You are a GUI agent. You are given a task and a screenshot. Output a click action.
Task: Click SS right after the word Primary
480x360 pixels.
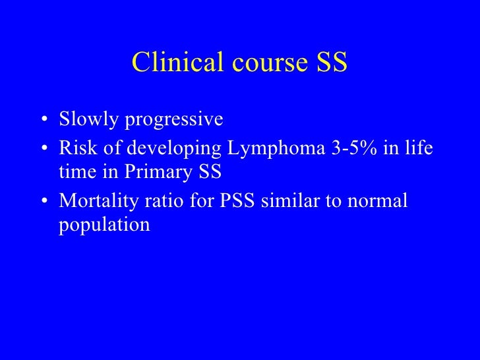pyautogui.click(x=210, y=174)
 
